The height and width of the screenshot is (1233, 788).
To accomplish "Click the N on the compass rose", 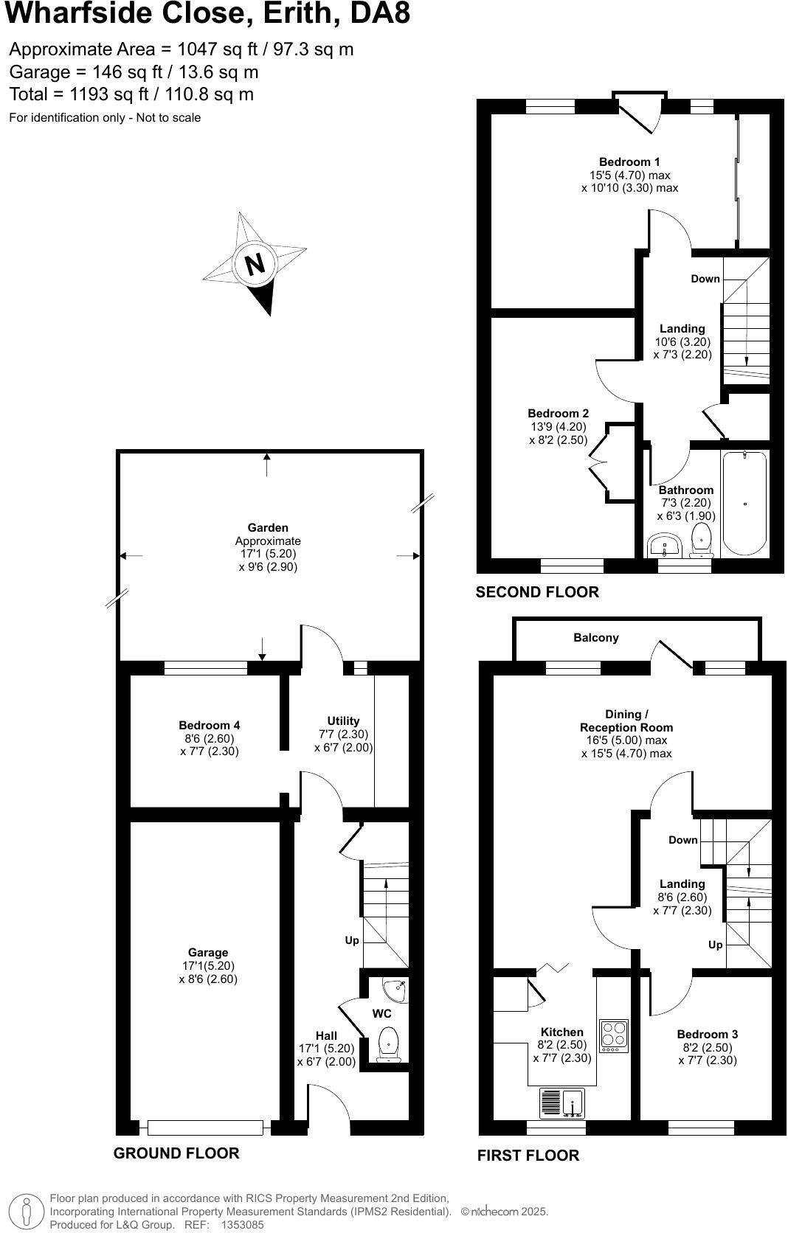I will [255, 264].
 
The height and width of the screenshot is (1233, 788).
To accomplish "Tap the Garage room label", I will [207, 952].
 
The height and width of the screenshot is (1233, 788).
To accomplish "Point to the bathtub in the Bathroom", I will [744, 503].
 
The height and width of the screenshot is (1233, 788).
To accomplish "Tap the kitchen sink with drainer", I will [563, 1104].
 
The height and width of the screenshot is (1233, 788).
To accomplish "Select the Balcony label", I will [596, 638].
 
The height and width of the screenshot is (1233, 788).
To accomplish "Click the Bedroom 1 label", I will [629, 161].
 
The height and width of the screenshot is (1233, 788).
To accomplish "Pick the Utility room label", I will [343, 720].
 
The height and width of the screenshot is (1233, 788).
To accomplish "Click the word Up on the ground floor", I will [352, 940].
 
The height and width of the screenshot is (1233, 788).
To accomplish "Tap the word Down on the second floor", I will [705, 279].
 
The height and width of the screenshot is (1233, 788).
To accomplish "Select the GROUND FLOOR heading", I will [176, 1153].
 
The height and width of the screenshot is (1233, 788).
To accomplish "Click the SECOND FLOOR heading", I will [537, 591].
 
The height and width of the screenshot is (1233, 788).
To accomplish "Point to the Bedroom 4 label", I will [210, 725].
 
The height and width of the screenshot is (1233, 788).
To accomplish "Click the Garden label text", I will [268, 527].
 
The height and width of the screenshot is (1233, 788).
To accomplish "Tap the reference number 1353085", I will [242, 1225].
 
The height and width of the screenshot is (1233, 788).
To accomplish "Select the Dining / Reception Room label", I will [626, 720].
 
